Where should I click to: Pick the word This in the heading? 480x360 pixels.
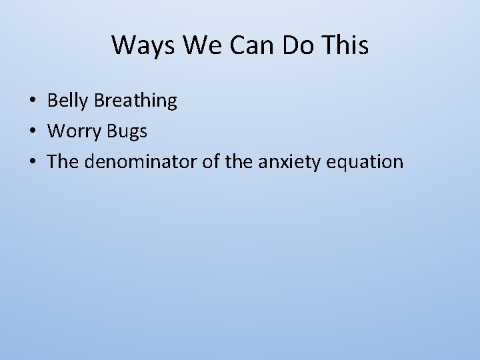[345, 45]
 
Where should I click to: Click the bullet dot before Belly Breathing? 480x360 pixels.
[32, 101]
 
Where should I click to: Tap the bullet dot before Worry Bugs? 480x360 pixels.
[32, 131]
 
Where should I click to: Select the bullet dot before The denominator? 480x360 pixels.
[32, 162]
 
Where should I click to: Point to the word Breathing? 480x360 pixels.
[135, 101]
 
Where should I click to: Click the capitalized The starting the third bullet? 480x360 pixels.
[63, 162]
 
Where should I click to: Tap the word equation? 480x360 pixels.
[365, 162]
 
